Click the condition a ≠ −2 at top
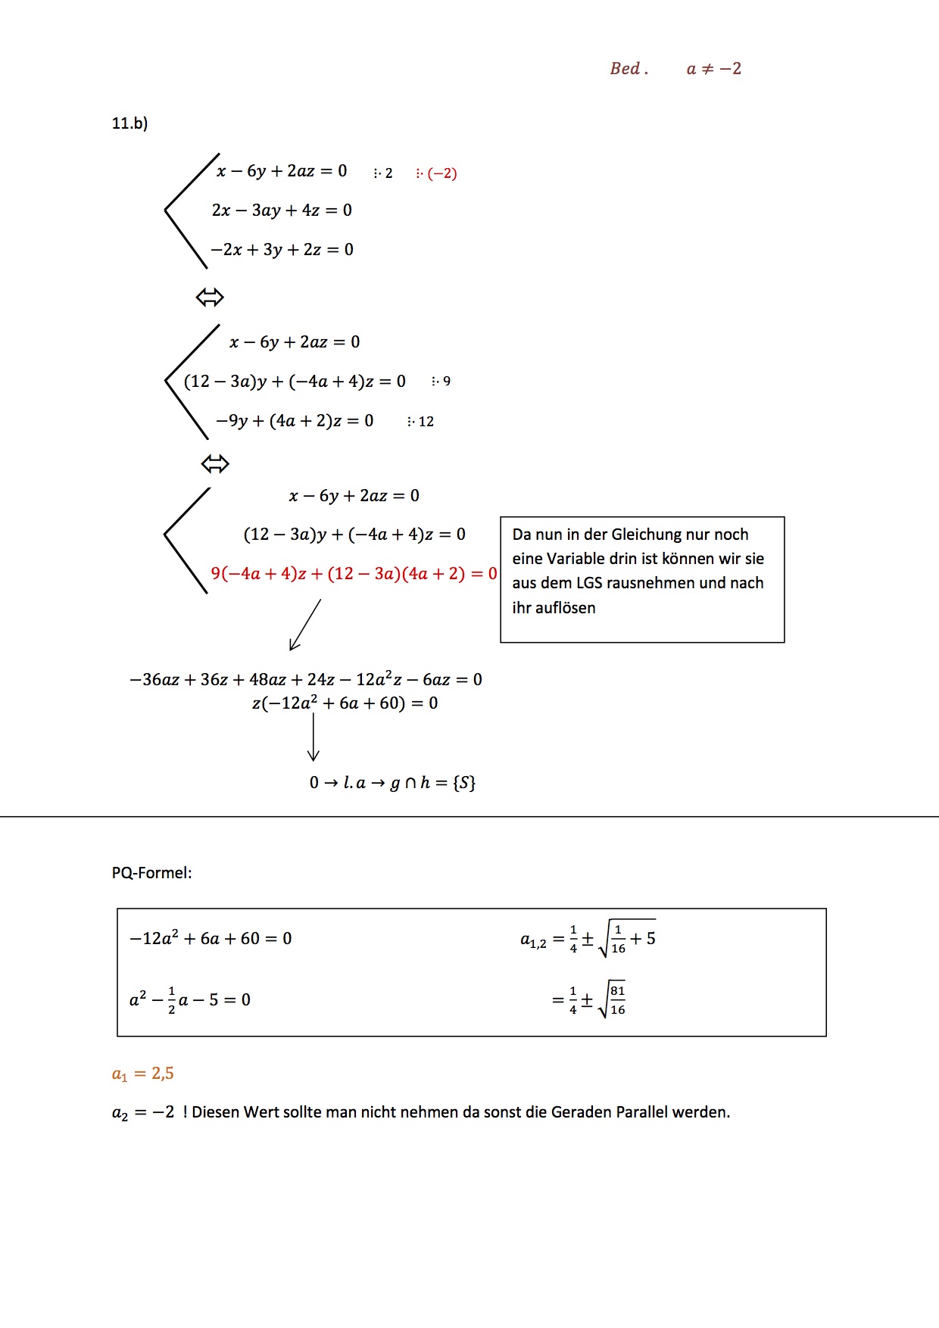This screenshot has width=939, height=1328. click(x=713, y=69)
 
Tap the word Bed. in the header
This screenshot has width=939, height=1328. click(x=629, y=69)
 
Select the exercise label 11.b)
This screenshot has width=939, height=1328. click(x=129, y=123)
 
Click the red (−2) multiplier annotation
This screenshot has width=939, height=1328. click(x=441, y=173)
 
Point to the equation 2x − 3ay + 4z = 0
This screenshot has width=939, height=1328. click(x=282, y=210)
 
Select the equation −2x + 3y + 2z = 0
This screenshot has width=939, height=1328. click(x=282, y=250)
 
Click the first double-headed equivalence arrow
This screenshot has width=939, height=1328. click(x=210, y=297)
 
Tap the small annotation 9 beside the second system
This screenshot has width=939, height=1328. click(x=446, y=382)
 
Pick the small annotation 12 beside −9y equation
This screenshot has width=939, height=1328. click(x=426, y=422)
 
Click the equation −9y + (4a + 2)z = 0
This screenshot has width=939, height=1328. click(x=295, y=421)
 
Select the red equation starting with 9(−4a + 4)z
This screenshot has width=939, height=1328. click(x=354, y=574)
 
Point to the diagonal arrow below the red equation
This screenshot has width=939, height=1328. click(x=305, y=625)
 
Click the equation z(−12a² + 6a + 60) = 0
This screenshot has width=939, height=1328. click(x=345, y=703)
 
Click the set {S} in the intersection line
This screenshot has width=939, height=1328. click(x=463, y=783)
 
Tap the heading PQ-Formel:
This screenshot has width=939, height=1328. click(x=151, y=873)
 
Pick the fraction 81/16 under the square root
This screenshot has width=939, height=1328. click(x=618, y=1000)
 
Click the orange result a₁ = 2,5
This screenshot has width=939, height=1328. click(x=142, y=1074)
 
